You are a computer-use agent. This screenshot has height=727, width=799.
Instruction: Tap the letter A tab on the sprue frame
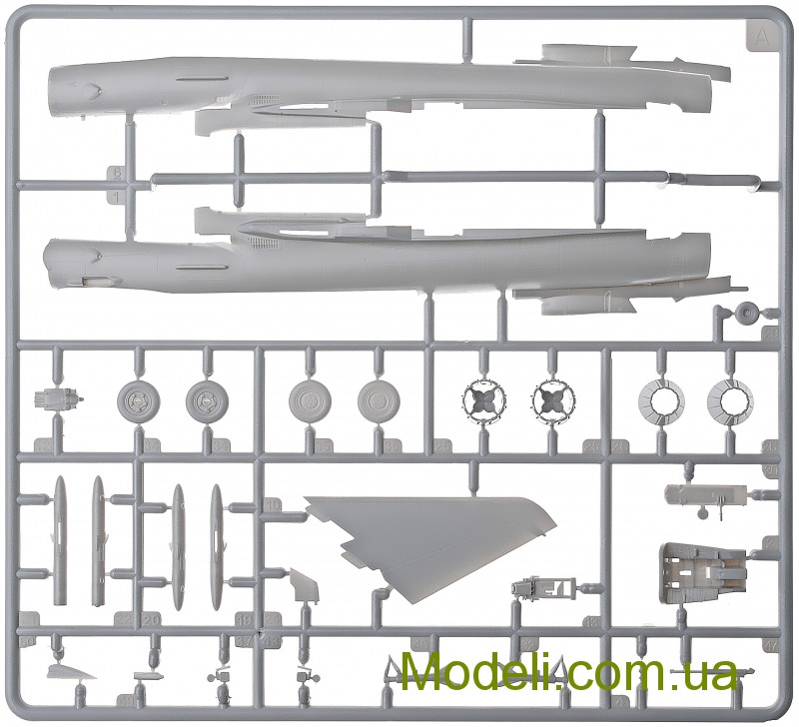(x=762, y=38)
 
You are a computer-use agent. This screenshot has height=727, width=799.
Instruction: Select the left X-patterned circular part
(x=481, y=401)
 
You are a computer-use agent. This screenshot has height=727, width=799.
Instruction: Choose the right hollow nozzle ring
(x=729, y=403)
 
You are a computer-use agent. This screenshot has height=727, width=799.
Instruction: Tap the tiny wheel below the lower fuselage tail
(x=744, y=314)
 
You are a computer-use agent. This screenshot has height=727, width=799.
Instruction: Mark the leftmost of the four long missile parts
(x=59, y=539)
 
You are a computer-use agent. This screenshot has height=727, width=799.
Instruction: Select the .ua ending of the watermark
(x=708, y=672)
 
